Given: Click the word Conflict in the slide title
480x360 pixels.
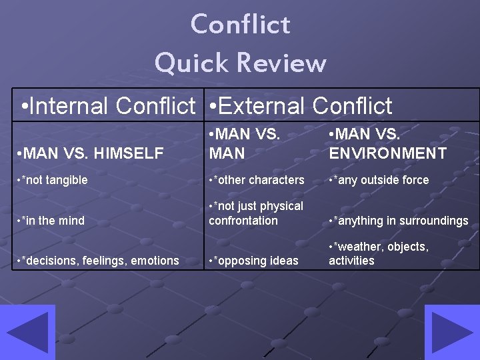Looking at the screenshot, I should coord(240,25).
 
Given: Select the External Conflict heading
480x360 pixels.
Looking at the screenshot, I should coord(300,105).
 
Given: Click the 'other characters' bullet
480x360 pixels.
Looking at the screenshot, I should coord(257,180).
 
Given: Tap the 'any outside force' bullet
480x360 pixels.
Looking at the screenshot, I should coord(379,180).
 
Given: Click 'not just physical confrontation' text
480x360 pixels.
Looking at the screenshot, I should coord(255,213).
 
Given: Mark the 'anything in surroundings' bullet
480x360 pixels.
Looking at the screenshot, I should coord(399,221).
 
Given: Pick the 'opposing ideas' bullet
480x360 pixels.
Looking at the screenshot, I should coord(253,261).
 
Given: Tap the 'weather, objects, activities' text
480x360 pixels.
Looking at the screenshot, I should coord(379,253).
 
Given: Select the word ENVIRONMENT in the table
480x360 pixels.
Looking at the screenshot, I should coord(388,154).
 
